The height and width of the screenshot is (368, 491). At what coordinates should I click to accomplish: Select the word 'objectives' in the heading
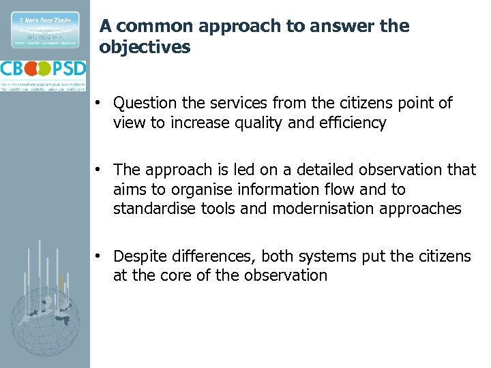(x=145, y=48)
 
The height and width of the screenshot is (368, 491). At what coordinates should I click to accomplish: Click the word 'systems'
(x=333, y=256)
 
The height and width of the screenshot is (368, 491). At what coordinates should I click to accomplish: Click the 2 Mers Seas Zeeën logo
(x=44, y=29)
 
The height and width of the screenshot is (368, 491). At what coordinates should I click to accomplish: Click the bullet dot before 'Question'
(x=99, y=103)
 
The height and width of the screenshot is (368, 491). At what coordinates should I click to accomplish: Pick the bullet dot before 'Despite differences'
(x=99, y=256)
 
